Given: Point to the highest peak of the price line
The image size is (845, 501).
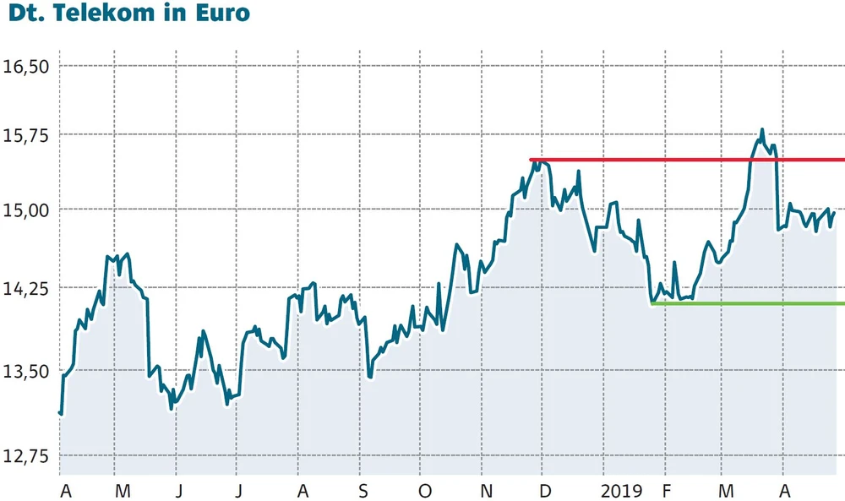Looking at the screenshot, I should click(x=762, y=130).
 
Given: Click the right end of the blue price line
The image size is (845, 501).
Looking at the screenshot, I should click(x=835, y=212).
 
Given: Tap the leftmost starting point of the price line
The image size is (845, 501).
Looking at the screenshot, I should click(x=60, y=412).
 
